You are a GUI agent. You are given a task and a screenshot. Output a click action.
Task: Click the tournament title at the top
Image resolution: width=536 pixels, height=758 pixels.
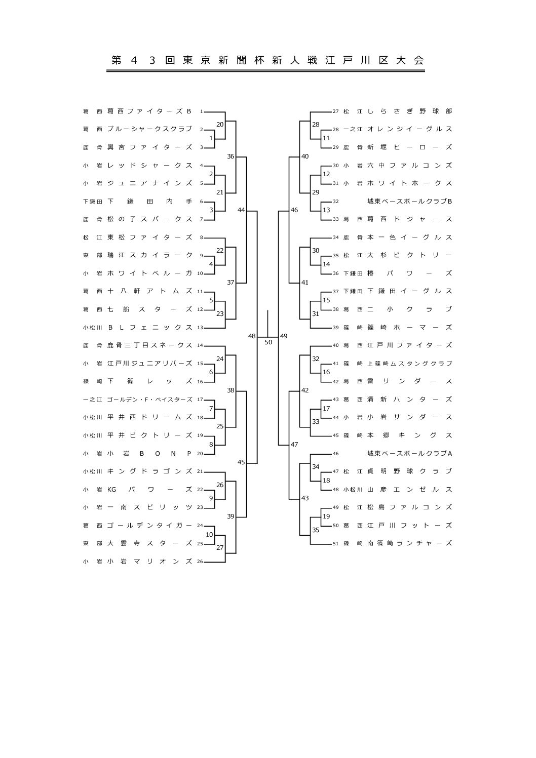pyautogui.click(x=267, y=60)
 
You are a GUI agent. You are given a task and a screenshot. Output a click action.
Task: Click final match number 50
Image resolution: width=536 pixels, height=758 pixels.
pyautogui.click(x=269, y=342)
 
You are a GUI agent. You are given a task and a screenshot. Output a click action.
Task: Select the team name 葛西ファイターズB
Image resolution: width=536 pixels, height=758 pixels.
pyautogui.click(x=149, y=111)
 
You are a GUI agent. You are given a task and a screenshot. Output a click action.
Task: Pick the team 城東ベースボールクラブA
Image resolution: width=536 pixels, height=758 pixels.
pyautogui.click(x=409, y=453)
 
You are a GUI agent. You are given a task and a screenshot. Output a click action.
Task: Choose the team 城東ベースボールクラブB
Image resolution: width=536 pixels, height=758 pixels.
pyautogui.click(x=409, y=202)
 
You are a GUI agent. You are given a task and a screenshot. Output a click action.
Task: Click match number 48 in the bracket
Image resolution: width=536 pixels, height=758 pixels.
pyautogui.click(x=252, y=336)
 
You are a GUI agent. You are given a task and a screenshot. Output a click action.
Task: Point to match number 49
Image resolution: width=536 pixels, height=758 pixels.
pyautogui.click(x=284, y=336)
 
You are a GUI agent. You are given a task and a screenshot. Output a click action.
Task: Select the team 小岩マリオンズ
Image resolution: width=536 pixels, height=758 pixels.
pyautogui.click(x=149, y=561)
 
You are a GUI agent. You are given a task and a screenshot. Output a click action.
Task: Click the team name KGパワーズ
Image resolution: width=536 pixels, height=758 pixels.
pyautogui.click(x=149, y=489)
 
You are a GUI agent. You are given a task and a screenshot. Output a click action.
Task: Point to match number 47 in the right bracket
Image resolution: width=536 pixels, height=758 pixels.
pyautogui.click(x=294, y=444)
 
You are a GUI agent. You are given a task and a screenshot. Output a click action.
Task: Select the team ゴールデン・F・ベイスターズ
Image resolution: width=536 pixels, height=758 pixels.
pyautogui.click(x=149, y=400)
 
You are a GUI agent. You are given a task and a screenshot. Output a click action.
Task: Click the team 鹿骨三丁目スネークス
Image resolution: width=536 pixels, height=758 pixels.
pyautogui.click(x=149, y=345)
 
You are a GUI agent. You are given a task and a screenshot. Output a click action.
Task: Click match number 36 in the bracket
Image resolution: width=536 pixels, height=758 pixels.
pyautogui.click(x=231, y=156)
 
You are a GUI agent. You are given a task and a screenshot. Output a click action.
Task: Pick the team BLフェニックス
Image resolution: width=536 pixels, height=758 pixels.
pyautogui.click(x=149, y=328)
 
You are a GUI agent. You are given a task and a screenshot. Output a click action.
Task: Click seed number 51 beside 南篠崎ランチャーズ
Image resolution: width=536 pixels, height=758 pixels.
pyautogui.click(x=335, y=544)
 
